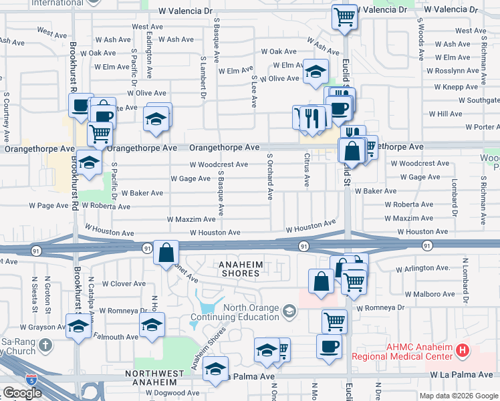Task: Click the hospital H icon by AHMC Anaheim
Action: coord(462,350)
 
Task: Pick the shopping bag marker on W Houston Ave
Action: coord(166,253)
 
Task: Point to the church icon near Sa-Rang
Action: coord(45,345)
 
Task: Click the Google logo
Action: coord(22,393)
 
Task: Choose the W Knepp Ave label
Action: coord(456,87)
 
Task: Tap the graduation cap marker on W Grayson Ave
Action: coord(79,327)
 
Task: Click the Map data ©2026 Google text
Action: coord(458,395)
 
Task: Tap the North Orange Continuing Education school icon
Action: coord(289,311)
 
